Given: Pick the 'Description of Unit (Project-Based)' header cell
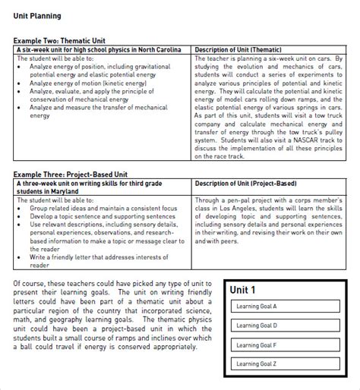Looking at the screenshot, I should click(245, 183).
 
